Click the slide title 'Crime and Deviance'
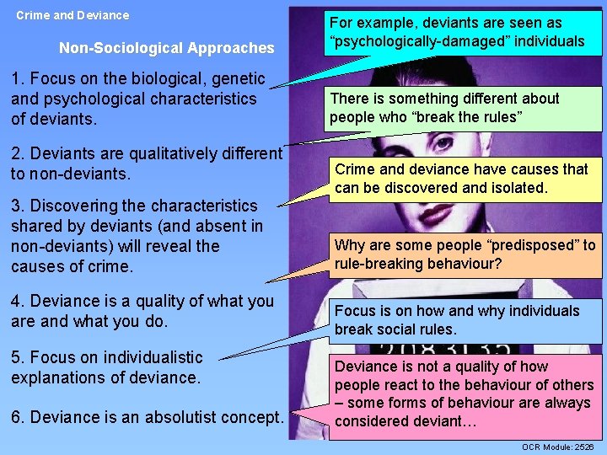tap(73, 15)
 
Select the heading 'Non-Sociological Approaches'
tap(167, 49)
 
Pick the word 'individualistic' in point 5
tap(148, 357)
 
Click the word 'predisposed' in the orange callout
tap(524, 245)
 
